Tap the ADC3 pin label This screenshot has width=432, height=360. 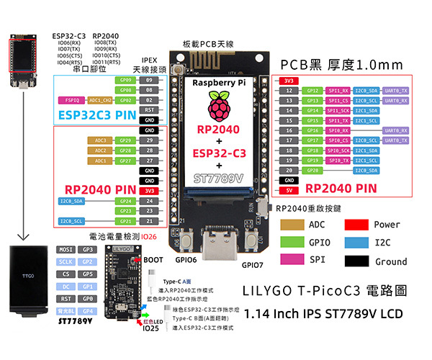pyautogui.click(x=100, y=140)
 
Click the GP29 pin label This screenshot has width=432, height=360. pyautogui.click(x=126, y=140)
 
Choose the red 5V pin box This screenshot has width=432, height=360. pyautogui.click(x=288, y=190)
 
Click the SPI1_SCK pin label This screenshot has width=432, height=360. pyautogui.click(x=338, y=110)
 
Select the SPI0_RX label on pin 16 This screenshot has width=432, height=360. pyautogui.click(x=338, y=130)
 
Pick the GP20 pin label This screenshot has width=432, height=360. pyautogui.click(x=312, y=170)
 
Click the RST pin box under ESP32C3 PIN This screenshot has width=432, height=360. pyautogui.click(x=149, y=109)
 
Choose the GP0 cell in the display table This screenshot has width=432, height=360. pyautogui.click(x=87, y=297)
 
